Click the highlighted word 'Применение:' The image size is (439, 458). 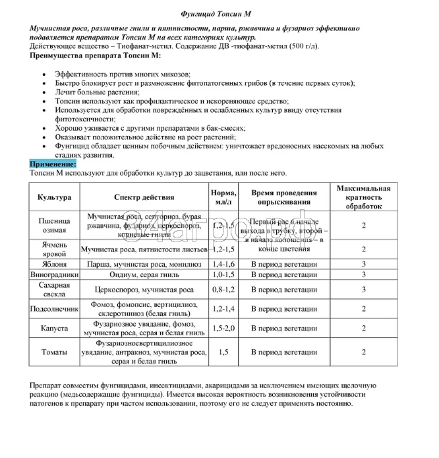tap(53, 163)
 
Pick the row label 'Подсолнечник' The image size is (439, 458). tap(54, 308)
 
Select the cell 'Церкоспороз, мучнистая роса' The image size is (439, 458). tap(144, 288)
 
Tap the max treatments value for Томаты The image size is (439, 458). tap(363, 352)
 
